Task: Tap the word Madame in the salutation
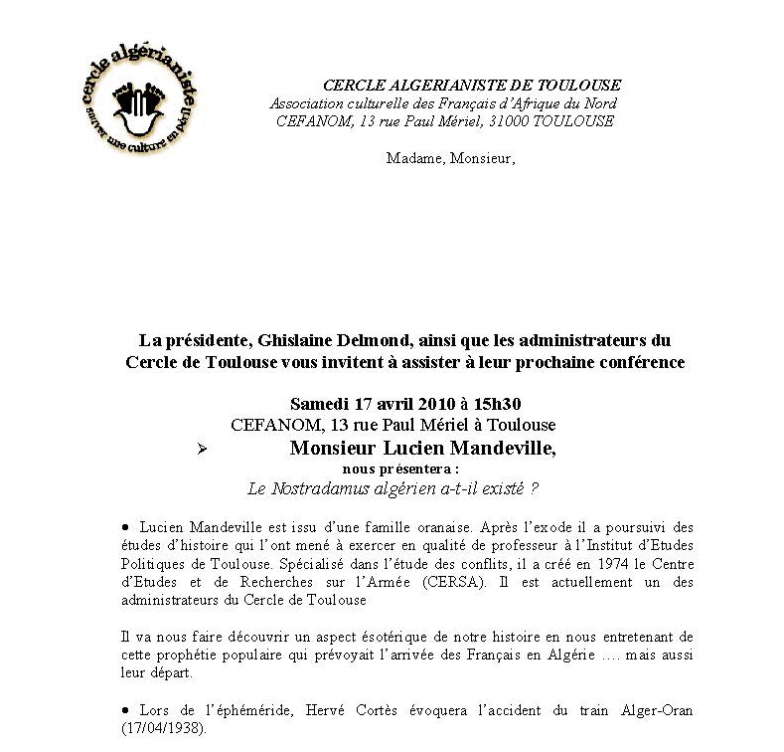point(413,159)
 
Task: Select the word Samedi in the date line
point(317,404)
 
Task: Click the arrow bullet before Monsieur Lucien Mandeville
point(201,450)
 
